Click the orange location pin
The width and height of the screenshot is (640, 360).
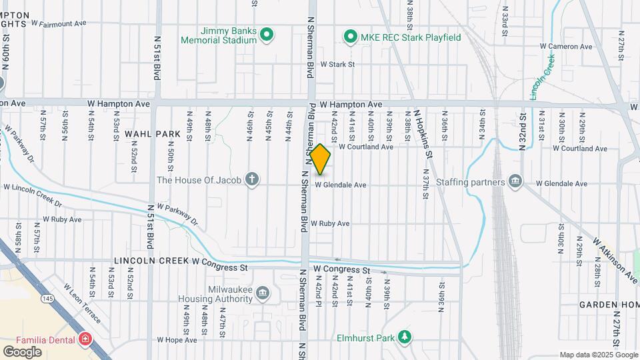pyautogui.click(x=320, y=159)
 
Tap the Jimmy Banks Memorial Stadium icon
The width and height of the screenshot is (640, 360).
pyautogui.click(x=267, y=35)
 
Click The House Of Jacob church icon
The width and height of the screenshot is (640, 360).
pyautogui.click(x=252, y=179)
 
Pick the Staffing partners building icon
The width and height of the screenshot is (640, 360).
pyautogui.click(x=515, y=181)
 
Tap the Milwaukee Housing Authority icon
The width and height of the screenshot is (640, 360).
pyautogui.click(x=263, y=293)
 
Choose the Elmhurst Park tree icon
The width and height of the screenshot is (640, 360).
pyautogui.click(x=403, y=337)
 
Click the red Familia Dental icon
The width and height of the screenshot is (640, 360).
pyautogui.click(x=85, y=340)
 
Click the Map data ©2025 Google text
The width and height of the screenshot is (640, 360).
pyautogui.click(x=597, y=355)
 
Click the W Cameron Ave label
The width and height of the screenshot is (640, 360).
pyautogui.click(x=567, y=47)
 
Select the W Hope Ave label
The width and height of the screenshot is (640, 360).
pyautogui.click(x=177, y=339)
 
